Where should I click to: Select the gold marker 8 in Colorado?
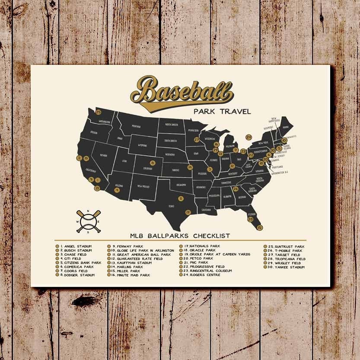point(140,163)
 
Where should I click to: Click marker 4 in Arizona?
point(117,189)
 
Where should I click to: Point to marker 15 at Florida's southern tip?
point(259,227)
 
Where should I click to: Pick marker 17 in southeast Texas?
point(188,212)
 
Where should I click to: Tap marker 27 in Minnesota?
point(197,140)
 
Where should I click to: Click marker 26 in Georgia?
point(236,188)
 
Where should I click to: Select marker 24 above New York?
point(248,137)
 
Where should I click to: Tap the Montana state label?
point(136,126)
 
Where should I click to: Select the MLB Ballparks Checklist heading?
point(180,236)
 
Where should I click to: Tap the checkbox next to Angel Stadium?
point(57,246)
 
